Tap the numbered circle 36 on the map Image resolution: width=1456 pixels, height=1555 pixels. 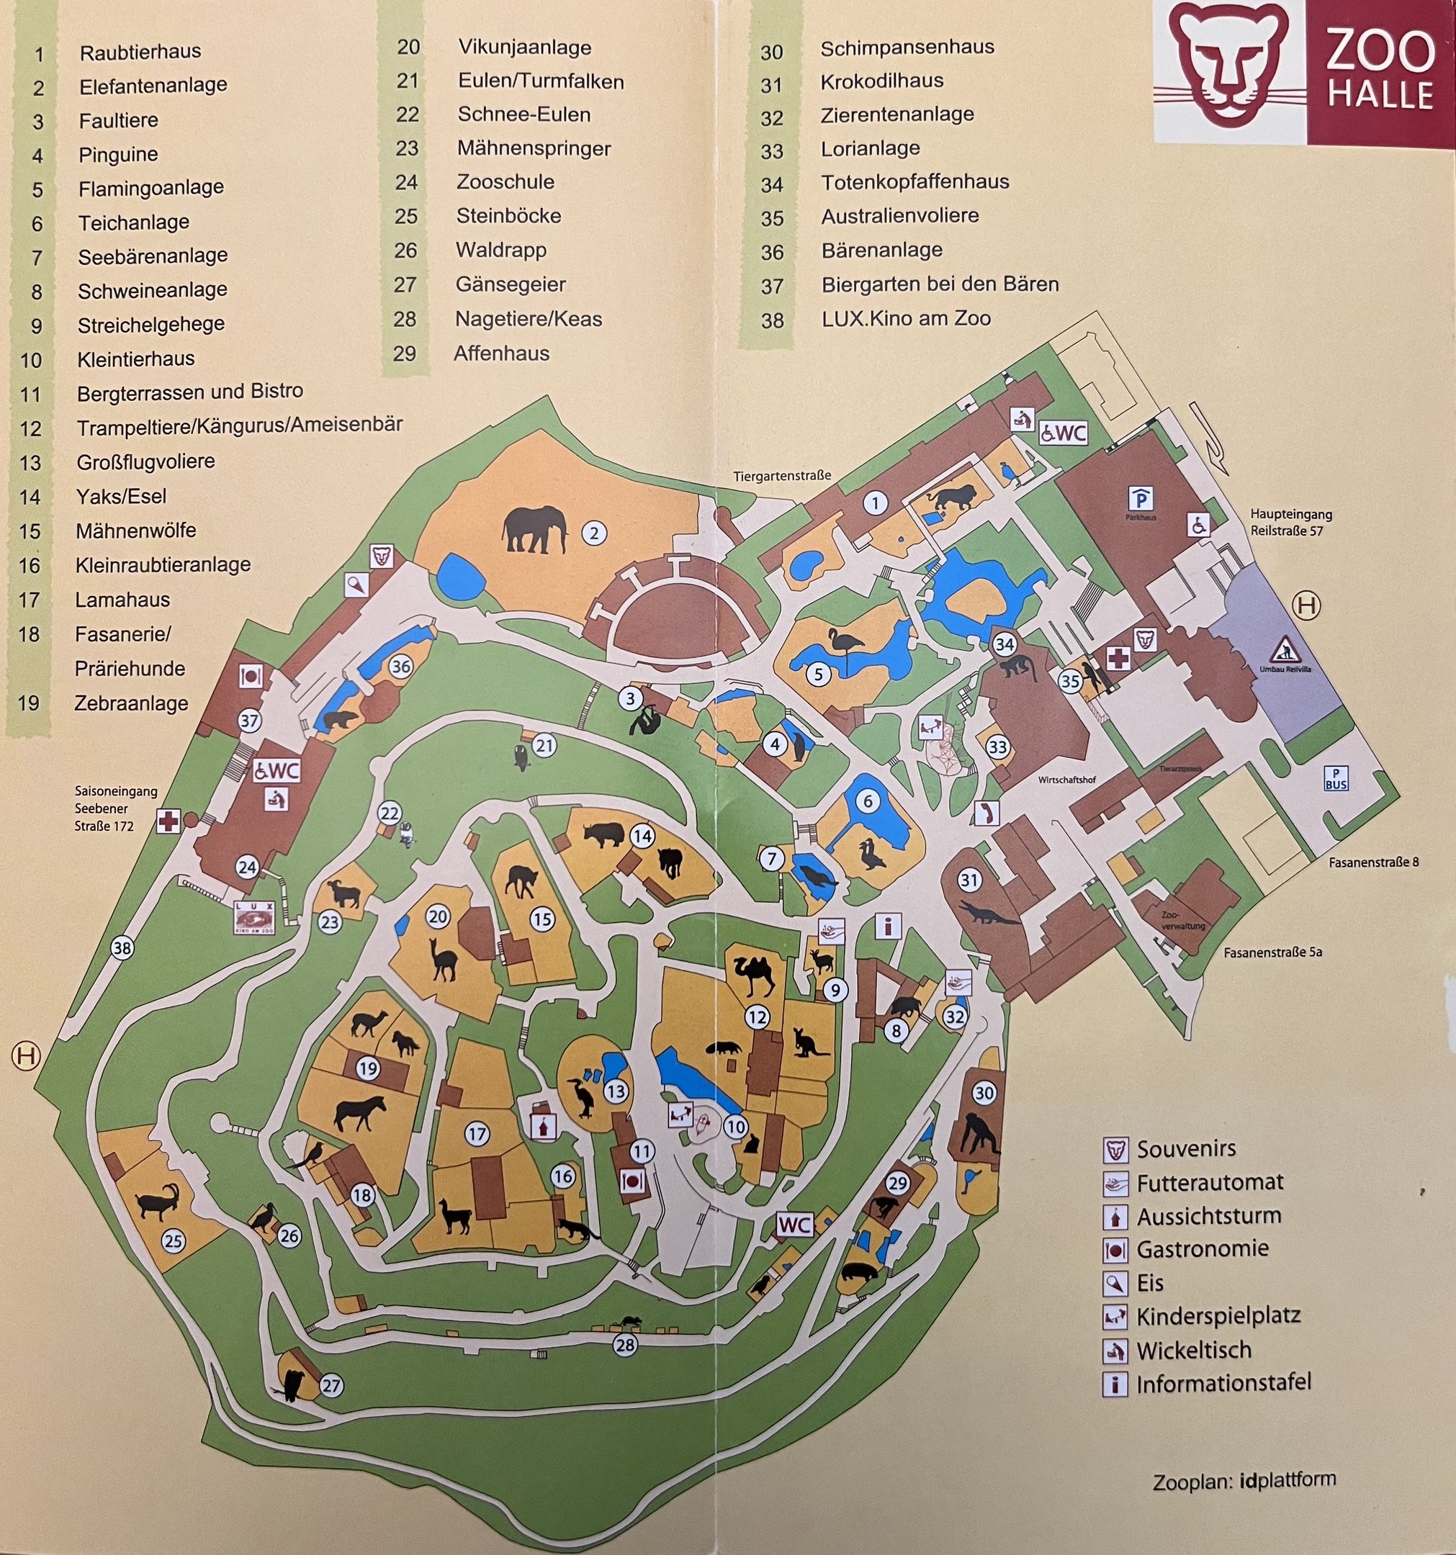tap(400, 667)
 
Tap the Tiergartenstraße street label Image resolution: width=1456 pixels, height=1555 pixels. tap(781, 476)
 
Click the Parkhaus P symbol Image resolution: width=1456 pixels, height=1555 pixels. tap(1141, 497)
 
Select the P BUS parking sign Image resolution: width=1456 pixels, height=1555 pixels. tap(1336, 778)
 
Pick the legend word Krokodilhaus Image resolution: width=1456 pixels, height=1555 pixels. tap(881, 81)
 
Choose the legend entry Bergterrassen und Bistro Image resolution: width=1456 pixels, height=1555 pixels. tap(189, 392)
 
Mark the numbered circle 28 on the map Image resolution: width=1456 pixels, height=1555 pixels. tap(624, 1344)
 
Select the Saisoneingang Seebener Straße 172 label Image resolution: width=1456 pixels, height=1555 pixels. tap(105, 808)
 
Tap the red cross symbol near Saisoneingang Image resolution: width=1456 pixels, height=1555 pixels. tap(168, 821)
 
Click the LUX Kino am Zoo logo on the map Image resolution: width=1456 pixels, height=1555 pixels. tap(255, 916)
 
